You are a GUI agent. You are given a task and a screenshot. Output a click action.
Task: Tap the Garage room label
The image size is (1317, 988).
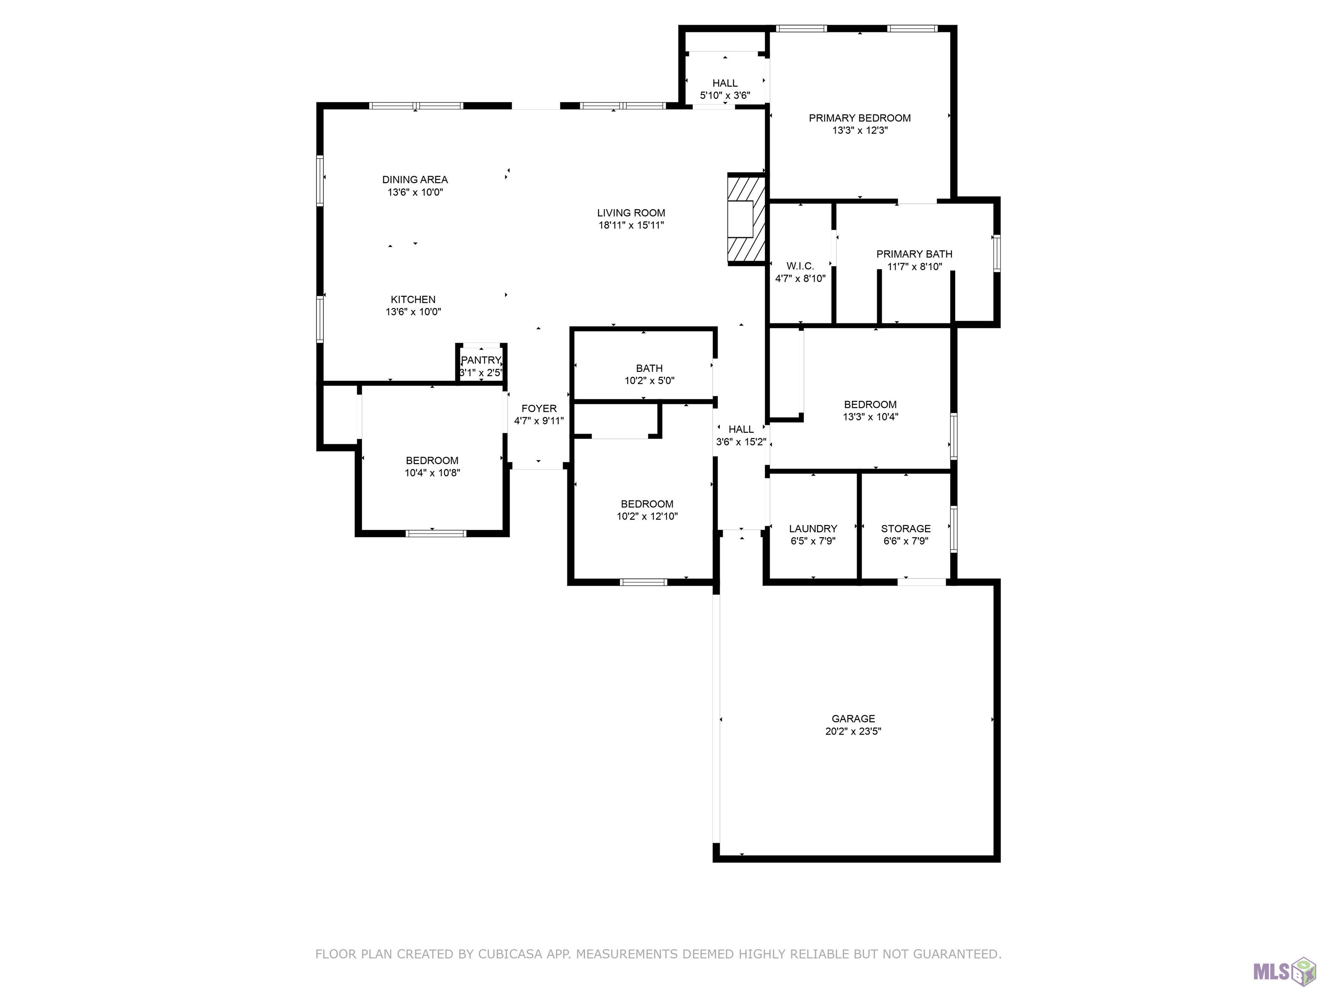pos(853,719)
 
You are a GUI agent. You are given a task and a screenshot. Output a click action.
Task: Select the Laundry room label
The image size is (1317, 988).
pos(813,528)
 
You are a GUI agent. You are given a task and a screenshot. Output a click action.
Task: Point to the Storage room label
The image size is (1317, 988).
pos(905,528)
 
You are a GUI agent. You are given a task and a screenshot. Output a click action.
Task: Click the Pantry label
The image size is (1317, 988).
pos(481,360)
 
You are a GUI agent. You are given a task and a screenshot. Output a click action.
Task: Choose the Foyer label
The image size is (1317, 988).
pos(539,408)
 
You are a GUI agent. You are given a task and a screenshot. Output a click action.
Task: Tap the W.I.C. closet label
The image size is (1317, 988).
pos(800,265)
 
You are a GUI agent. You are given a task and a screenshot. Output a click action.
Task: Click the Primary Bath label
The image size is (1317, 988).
pos(914,254)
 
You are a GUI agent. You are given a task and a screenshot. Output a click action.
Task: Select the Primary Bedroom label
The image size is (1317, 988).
pos(859,118)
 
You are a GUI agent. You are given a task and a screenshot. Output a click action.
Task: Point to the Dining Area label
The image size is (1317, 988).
pos(415,179)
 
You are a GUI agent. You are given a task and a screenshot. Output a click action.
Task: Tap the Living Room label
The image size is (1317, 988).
pos(631,213)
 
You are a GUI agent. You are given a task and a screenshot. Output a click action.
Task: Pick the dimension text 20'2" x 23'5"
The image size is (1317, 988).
pos(853,731)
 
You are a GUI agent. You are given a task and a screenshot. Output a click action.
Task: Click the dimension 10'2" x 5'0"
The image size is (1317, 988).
pos(649,380)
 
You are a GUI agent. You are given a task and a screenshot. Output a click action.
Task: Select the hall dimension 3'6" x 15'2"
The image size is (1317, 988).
pos(741,442)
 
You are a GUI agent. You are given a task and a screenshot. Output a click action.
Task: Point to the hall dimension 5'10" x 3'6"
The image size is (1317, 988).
pos(725,95)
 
